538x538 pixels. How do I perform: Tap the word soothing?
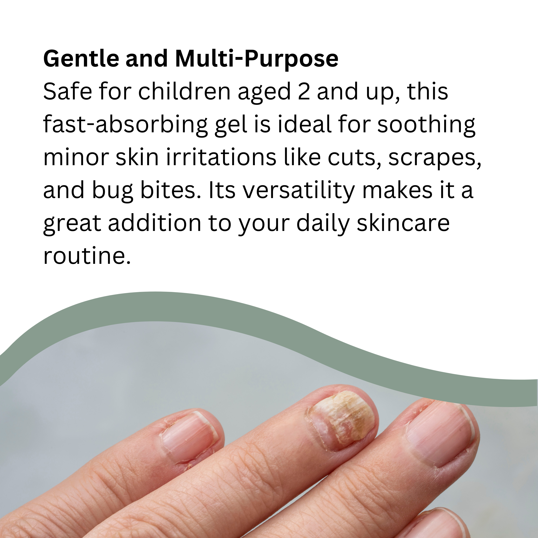pos(426,125)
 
